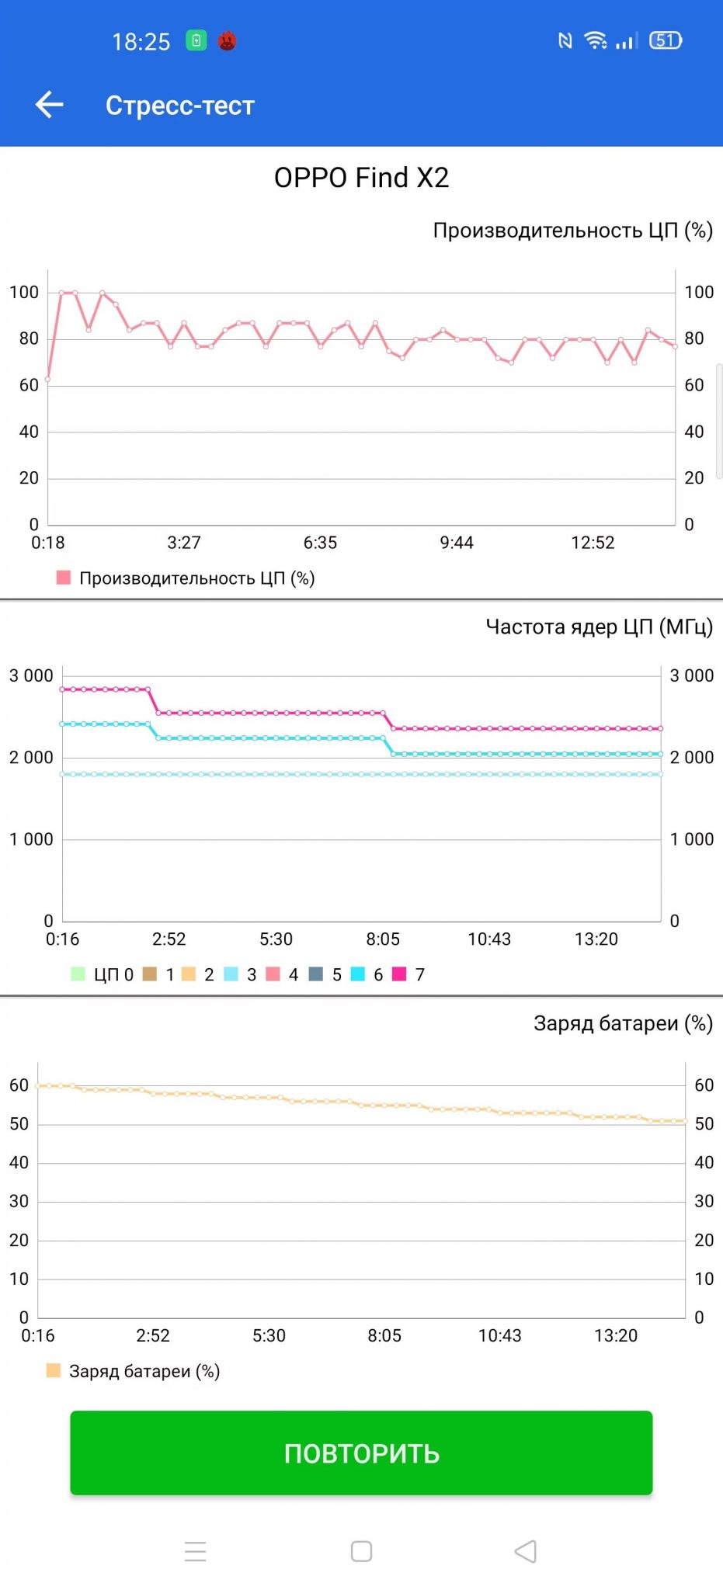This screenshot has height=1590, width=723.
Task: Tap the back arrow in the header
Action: click(49, 105)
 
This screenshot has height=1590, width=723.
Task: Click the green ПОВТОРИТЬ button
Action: click(361, 1453)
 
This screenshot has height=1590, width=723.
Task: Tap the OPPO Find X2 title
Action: click(361, 178)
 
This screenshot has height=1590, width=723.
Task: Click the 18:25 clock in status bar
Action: click(141, 41)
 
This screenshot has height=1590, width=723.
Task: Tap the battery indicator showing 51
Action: click(666, 40)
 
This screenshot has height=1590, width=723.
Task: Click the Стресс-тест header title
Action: click(180, 106)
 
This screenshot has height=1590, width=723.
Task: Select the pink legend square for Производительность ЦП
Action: click(64, 578)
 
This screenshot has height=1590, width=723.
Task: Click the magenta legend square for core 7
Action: click(399, 974)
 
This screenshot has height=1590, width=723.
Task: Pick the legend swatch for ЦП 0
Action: click(78, 974)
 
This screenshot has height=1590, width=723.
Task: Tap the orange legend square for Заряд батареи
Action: click(53, 1370)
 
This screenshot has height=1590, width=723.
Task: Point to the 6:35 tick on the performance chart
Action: click(320, 543)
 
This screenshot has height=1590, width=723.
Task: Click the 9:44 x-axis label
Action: click(457, 543)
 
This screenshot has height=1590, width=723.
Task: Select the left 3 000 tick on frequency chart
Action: click(31, 675)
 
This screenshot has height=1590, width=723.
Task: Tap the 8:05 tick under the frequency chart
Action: click(383, 939)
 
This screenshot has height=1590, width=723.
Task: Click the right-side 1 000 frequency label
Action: click(692, 839)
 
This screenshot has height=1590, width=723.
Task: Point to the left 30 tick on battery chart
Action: click(19, 1201)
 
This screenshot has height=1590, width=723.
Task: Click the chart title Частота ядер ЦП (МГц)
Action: click(599, 627)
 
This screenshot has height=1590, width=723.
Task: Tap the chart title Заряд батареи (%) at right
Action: click(623, 1023)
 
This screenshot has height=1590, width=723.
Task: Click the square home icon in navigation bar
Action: click(361, 1551)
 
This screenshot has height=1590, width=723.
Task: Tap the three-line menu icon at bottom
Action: click(196, 1551)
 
